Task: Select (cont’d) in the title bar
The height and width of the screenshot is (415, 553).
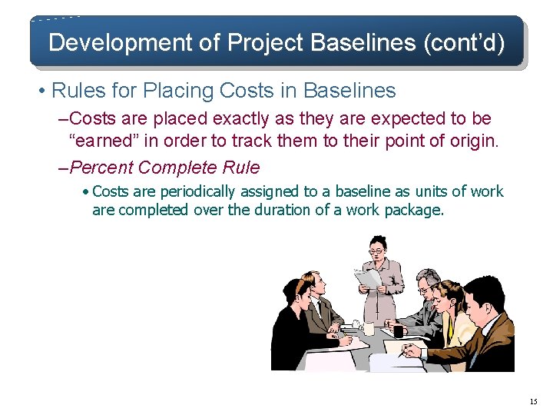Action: pos(463,42)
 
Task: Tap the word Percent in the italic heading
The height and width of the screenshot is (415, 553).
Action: pos(104,168)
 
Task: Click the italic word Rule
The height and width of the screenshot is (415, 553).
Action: pos(238,168)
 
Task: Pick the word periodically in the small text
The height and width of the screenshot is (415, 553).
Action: pos(199,191)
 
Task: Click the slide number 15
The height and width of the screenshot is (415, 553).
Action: pos(534,402)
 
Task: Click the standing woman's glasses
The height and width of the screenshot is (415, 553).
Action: pos(377,251)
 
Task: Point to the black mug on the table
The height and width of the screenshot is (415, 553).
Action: pos(398,331)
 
